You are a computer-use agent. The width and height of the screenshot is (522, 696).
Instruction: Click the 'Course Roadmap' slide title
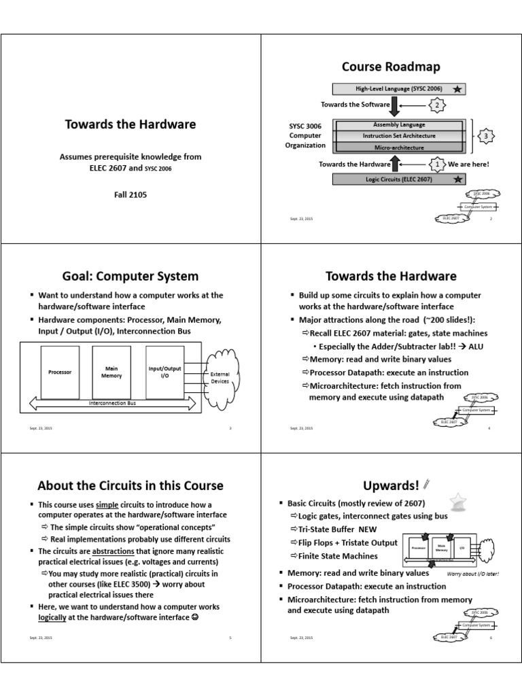(391, 67)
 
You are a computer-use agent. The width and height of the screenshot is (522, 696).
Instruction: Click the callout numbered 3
(487, 137)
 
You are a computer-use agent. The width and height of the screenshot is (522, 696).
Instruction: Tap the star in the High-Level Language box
(459, 89)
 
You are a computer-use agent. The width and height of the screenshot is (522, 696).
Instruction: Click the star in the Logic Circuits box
(459, 179)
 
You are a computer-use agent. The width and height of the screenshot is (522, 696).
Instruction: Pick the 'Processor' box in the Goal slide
(60, 372)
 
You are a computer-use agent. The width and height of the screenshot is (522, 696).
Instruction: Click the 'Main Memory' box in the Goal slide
(111, 372)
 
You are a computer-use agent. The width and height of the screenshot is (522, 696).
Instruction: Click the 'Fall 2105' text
(130, 194)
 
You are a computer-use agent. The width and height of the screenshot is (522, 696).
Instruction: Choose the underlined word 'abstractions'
(115, 551)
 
